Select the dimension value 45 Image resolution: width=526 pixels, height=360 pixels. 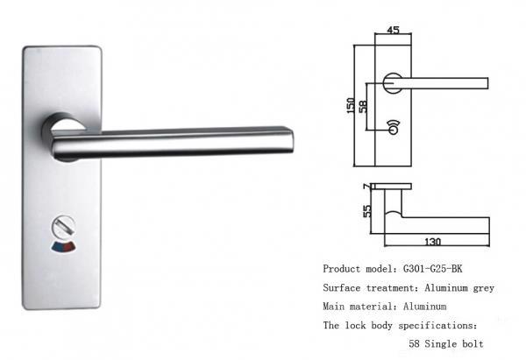click(394, 31)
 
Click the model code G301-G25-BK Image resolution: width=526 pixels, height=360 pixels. click(437, 269)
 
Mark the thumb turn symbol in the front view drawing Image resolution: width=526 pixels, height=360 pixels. click(393, 126)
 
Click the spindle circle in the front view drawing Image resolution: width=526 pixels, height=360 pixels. click(394, 84)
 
